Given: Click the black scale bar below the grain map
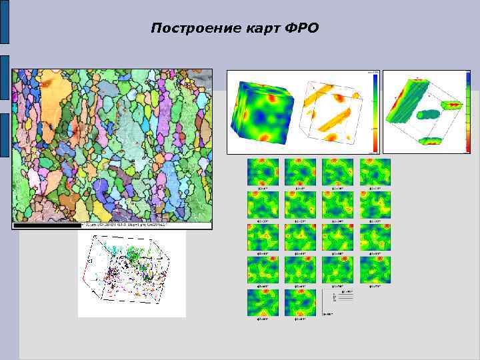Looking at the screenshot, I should pos(47,226).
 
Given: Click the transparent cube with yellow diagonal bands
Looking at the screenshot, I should pos(333,113).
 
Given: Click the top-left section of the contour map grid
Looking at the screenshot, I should pos(263,172).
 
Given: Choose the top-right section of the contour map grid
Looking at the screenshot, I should pos(375,172).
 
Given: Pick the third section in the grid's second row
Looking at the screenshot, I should pos(337,205).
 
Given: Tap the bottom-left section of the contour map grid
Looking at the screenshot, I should pos(263,303).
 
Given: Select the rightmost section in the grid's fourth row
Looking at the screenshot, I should pos(375,270).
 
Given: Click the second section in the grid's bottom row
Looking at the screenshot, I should pos(300,303).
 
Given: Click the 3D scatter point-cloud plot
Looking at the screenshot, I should pos(131,274).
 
